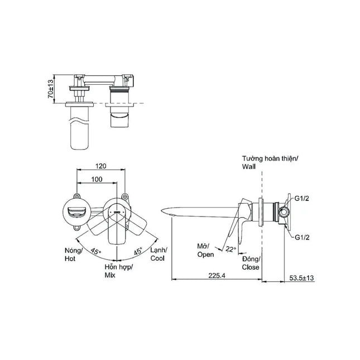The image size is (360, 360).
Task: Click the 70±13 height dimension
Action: (x=50, y=89)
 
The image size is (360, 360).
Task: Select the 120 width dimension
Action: (x=101, y=166)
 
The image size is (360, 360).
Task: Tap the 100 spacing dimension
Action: (x=97, y=179)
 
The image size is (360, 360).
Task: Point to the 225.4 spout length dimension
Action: (x=217, y=276)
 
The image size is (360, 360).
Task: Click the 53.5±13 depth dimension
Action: (x=301, y=278)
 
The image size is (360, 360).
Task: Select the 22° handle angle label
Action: (x=231, y=249)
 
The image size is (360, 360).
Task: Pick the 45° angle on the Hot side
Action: (x=96, y=251)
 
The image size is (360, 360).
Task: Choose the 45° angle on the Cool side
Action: (x=138, y=251)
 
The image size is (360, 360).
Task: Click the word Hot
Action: (x=70, y=259)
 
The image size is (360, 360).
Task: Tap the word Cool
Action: (x=157, y=258)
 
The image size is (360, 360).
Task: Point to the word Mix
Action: (x=110, y=275)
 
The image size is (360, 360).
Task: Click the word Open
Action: (x=205, y=255)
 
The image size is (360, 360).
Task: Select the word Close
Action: (x=251, y=267)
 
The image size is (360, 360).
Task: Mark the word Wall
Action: (x=248, y=167)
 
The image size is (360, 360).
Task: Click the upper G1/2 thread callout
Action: (x=302, y=199)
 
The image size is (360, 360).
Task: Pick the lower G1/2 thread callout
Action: (x=302, y=237)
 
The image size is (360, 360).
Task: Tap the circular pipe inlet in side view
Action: (x=284, y=212)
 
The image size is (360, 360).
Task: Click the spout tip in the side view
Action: (x=162, y=210)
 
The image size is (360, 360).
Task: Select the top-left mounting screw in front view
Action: (x=76, y=196)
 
